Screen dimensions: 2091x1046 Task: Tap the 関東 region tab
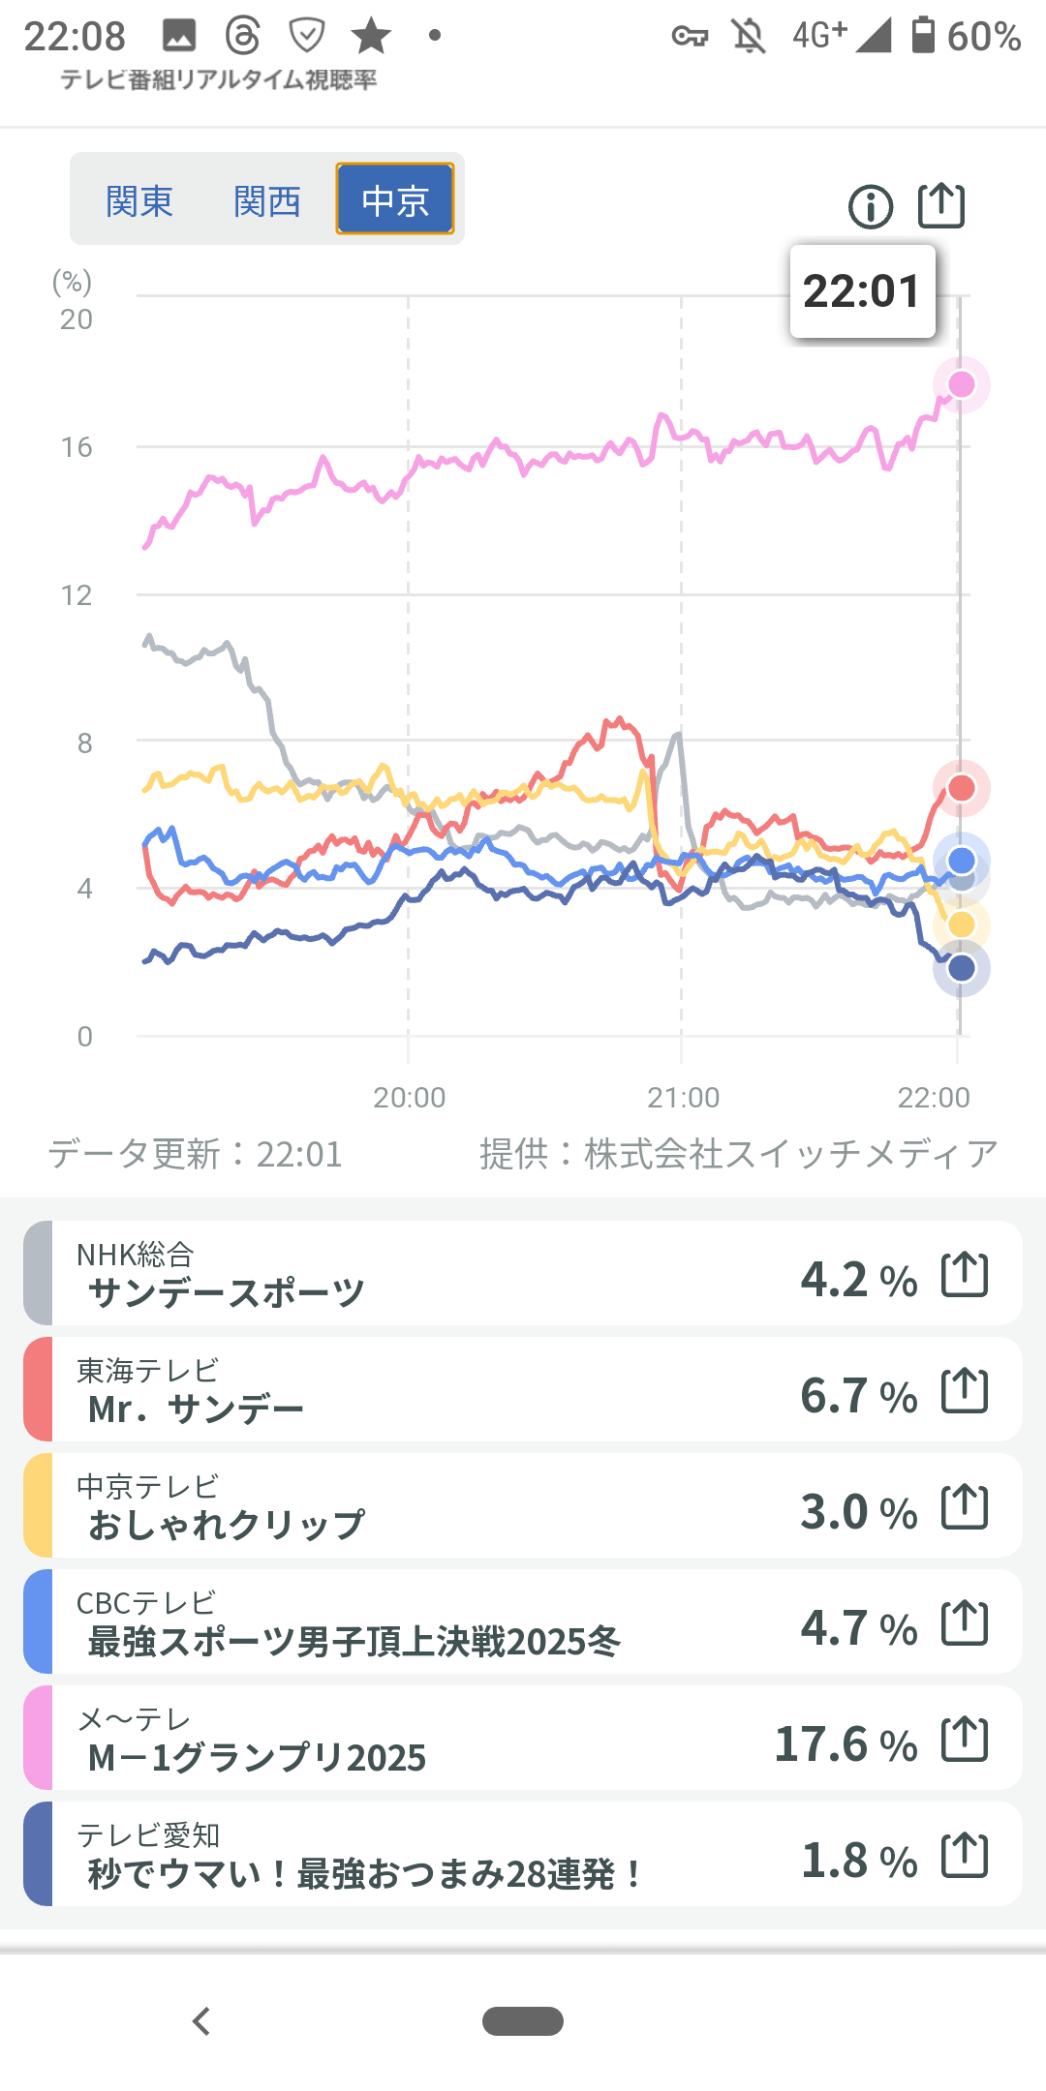139,201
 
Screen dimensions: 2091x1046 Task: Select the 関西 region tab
267,201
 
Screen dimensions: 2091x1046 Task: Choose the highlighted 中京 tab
395,199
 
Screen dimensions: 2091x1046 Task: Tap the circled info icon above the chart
871,207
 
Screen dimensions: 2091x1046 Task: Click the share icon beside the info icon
941,205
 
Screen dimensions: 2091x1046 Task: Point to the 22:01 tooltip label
862,291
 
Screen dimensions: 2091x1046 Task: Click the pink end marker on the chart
961,384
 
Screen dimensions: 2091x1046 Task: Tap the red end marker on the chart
961,788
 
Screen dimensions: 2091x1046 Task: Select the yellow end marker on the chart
961,924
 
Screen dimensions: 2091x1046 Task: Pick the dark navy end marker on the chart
961,967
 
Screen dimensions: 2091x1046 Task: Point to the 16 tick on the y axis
77,447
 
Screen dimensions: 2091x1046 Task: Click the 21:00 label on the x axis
683,1098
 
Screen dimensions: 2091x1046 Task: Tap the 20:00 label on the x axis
410,1098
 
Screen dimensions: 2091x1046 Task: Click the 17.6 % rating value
846,1744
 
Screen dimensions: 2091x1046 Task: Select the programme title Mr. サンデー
196,1409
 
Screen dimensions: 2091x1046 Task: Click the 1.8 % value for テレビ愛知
859,1861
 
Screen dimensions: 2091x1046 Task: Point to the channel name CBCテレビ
146,1603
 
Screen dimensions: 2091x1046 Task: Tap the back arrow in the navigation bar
201,2021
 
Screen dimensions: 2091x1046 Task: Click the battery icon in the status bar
923,35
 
